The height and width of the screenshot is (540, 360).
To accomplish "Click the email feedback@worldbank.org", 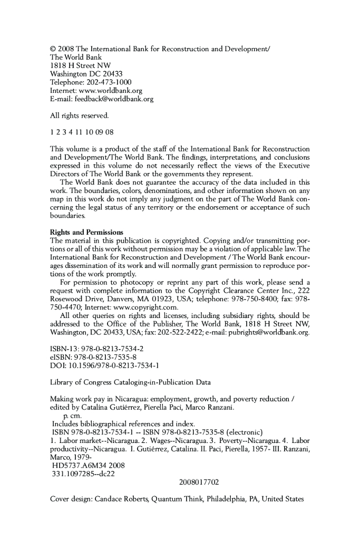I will (111, 98).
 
